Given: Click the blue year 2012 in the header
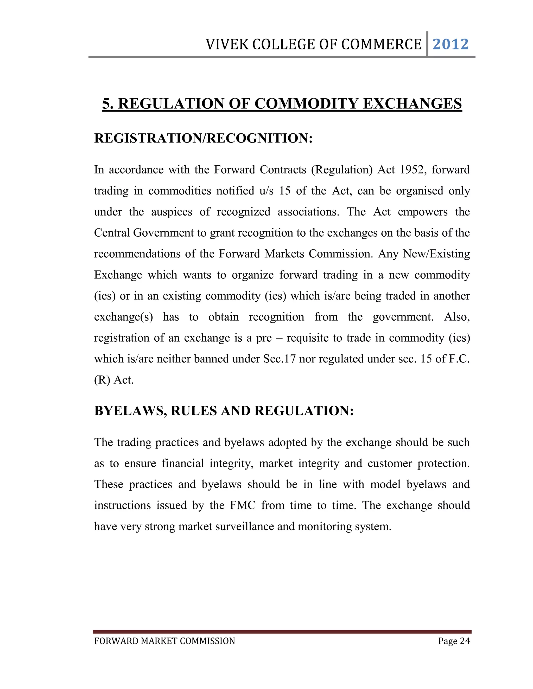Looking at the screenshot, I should point(450,44).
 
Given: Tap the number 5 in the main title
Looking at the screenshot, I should point(107,104).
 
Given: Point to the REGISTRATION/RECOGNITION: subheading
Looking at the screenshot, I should point(203,138).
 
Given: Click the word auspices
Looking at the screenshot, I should point(172,212).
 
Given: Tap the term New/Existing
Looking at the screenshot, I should point(436,254).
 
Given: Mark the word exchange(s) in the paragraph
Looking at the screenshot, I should point(123,317).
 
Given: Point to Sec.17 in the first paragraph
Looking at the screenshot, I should point(280,359).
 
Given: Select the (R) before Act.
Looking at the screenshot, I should point(102,380).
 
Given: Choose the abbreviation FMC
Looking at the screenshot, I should point(243,505).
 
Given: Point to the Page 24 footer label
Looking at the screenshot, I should point(454,641).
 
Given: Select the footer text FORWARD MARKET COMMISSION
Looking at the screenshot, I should point(164,641).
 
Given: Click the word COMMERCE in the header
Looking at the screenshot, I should point(382,44).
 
